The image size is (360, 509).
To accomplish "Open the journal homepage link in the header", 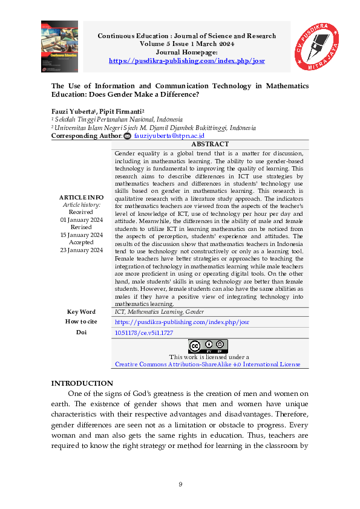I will (186, 61).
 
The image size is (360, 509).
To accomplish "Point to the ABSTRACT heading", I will (209, 144).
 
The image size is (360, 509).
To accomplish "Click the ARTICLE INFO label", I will (81, 198).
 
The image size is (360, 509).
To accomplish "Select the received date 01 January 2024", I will (81, 220).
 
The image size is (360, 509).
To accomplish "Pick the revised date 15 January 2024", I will (81, 235).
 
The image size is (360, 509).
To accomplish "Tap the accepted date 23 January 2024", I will (81, 250).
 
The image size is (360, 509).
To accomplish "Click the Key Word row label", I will (81, 312).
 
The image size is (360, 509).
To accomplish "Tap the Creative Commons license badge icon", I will (208, 346).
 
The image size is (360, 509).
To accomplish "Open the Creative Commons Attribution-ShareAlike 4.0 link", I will (208, 365).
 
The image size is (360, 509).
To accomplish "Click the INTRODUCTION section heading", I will (82, 383).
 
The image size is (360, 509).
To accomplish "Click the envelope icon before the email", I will (126, 137).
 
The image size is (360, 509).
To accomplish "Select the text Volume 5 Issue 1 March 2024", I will (186, 44).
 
